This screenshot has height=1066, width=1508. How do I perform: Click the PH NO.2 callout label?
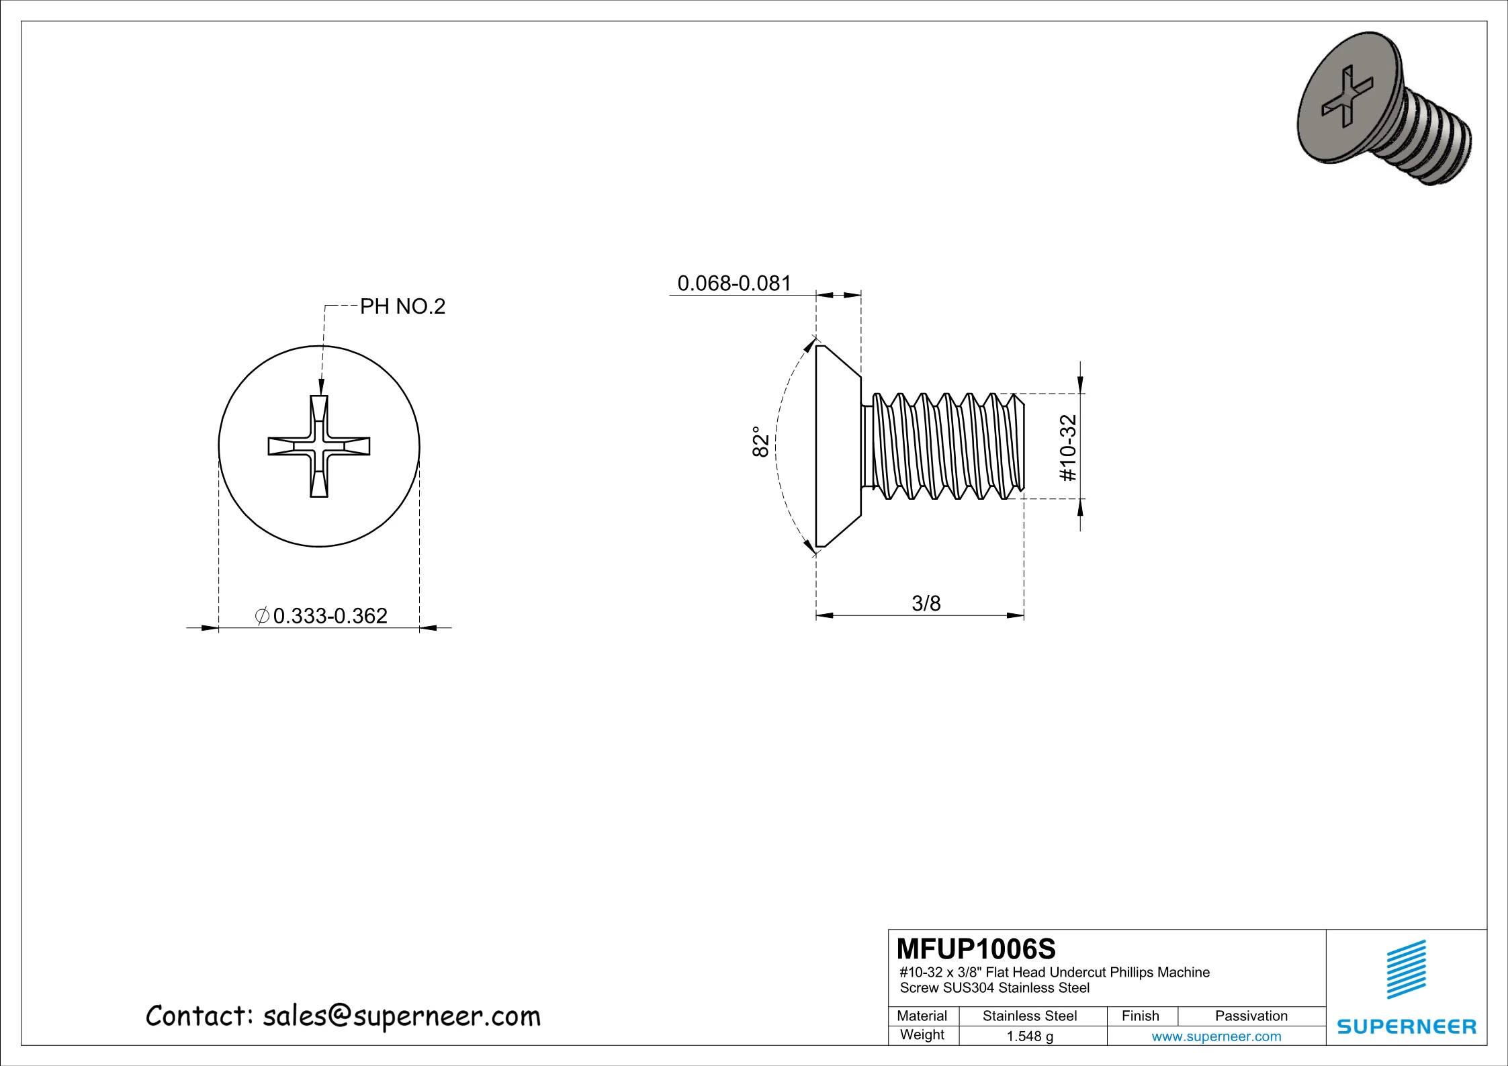pyautogui.click(x=402, y=307)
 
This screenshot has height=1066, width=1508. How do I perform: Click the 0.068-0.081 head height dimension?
pyautogui.click(x=734, y=283)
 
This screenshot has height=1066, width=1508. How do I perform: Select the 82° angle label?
pyautogui.click(x=760, y=442)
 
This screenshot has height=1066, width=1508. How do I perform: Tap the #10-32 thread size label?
pyautogui.click(x=1067, y=448)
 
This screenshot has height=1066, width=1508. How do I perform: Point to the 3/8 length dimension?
pyautogui.click(x=926, y=603)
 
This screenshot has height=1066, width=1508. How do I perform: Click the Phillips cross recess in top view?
pyautogui.click(x=319, y=447)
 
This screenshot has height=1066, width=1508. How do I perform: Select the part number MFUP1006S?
pyautogui.click(x=976, y=949)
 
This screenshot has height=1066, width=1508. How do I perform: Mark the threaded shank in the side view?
pyautogui.click(x=947, y=446)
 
